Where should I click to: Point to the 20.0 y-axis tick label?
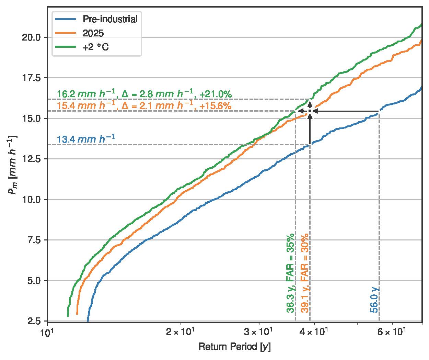click(32, 37)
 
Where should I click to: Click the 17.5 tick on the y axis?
click(32, 78)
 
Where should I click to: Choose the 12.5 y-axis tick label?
click(32, 159)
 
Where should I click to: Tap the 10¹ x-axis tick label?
click(47, 333)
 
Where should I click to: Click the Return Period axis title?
click(234, 347)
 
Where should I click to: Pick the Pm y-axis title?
click(13, 165)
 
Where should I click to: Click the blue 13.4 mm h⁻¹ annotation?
click(86, 139)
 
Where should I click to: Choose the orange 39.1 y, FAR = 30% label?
click(305, 273)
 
